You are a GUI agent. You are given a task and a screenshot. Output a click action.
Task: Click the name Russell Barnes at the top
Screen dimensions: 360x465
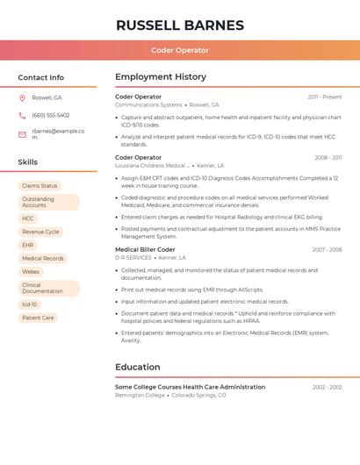(x=179, y=25)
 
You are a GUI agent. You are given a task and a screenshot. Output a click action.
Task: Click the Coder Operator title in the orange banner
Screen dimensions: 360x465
(x=179, y=51)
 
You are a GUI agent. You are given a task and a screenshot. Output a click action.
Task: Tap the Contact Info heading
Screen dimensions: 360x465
(x=40, y=77)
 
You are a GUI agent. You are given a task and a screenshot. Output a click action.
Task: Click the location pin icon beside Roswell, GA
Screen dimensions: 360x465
(x=22, y=97)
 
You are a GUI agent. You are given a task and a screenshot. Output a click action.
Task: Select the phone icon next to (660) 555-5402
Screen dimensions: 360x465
(x=22, y=115)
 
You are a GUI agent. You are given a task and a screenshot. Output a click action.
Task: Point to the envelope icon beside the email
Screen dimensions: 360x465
(x=22, y=134)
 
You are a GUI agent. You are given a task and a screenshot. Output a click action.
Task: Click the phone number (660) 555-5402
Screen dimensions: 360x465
(x=50, y=115)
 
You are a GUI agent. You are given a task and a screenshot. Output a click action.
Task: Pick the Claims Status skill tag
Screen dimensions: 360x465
(x=40, y=186)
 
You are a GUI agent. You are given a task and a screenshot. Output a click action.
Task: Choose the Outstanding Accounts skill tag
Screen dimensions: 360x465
(x=48, y=202)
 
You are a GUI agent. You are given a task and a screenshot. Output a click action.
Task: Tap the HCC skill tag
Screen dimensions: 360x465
(x=28, y=218)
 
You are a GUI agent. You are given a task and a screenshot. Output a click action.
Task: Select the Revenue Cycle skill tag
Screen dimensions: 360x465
(x=40, y=232)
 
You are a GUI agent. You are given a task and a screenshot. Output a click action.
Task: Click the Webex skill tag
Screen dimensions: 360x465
(x=31, y=272)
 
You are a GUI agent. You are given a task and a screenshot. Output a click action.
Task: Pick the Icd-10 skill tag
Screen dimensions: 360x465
(x=30, y=304)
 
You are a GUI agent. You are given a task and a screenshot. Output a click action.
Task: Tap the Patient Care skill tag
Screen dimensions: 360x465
(x=38, y=318)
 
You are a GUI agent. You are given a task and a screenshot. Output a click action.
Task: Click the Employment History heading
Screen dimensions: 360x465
(x=161, y=77)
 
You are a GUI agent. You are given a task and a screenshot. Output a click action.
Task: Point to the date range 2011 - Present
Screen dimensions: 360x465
(x=324, y=97)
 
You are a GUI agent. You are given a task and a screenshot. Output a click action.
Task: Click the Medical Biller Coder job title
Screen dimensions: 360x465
(x=145, y=249)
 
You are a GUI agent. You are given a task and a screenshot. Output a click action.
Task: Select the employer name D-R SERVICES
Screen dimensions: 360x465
(x=133, y=258)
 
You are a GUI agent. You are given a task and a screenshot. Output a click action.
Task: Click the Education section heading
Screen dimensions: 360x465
(x=138, y=367)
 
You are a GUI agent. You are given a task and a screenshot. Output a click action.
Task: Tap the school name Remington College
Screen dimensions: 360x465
(x=140, y=396)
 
